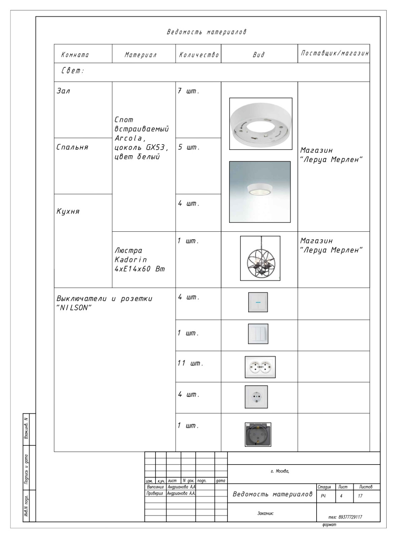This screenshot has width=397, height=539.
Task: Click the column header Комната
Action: [75, 55]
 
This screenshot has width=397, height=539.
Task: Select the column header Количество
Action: [199, 55]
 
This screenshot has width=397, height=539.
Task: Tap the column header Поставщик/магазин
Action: [334, 54]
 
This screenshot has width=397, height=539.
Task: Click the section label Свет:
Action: [72, 71]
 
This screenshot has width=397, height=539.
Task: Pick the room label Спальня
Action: [72, 147]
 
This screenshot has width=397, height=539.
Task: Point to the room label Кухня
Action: [68, 212]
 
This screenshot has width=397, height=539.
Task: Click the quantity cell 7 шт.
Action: [188, 91]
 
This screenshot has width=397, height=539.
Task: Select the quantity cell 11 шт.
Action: [190, 363]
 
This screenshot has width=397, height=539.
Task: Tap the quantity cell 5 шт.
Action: [188, 148]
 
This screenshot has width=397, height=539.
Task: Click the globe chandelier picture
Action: [260, 258]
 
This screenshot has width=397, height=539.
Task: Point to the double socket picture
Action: [260, 367]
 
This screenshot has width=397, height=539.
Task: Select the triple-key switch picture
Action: [258, 334]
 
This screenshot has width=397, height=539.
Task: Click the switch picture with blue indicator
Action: [258, 302]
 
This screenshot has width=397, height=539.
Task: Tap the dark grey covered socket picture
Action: [258, 434]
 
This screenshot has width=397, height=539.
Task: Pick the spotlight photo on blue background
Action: [260, 192]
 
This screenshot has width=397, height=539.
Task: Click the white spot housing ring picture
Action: [261, 124]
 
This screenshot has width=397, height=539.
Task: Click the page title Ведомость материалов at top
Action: [207, 32]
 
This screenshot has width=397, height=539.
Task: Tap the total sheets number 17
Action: [360, 496]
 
